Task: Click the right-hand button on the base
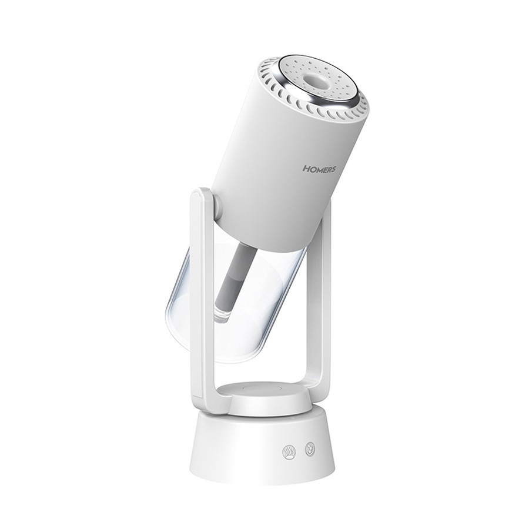[309, 449]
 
